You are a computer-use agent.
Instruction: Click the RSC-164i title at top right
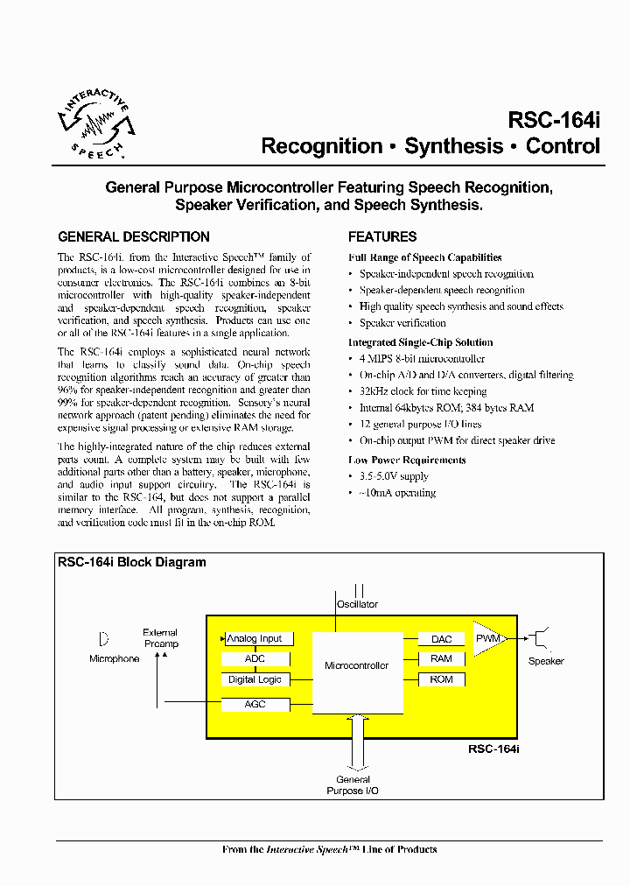pos(554,120)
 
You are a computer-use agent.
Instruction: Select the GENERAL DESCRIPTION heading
pos(133,236)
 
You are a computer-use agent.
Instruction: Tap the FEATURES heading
pos(382,236)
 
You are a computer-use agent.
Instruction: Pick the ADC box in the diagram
pos(255,659)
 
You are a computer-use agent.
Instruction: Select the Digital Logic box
pos(255,679)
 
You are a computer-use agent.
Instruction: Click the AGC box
pos(255,705)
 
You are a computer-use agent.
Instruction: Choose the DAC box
pos(441,639)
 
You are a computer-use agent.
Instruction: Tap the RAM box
pos(441,659)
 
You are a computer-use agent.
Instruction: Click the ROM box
pos(441,679)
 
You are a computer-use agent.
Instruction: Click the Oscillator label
pos(357,604)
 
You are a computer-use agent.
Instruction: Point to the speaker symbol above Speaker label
pos(542,639)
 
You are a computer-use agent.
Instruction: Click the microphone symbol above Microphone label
pos(104,639)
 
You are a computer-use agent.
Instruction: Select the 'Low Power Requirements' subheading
pos(407,460)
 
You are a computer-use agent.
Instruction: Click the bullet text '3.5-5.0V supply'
pos(394,476)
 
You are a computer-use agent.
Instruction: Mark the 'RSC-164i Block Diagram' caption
pos(132,563)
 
